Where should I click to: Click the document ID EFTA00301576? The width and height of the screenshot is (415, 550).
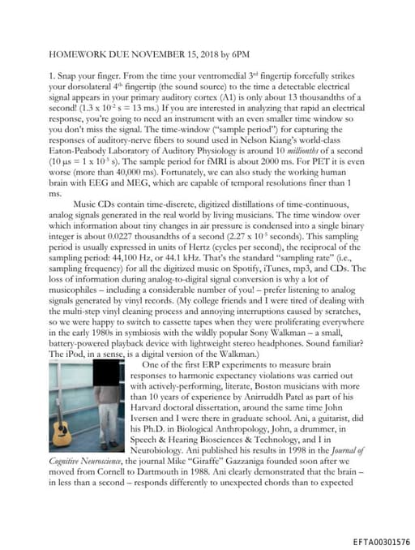point(381,540)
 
